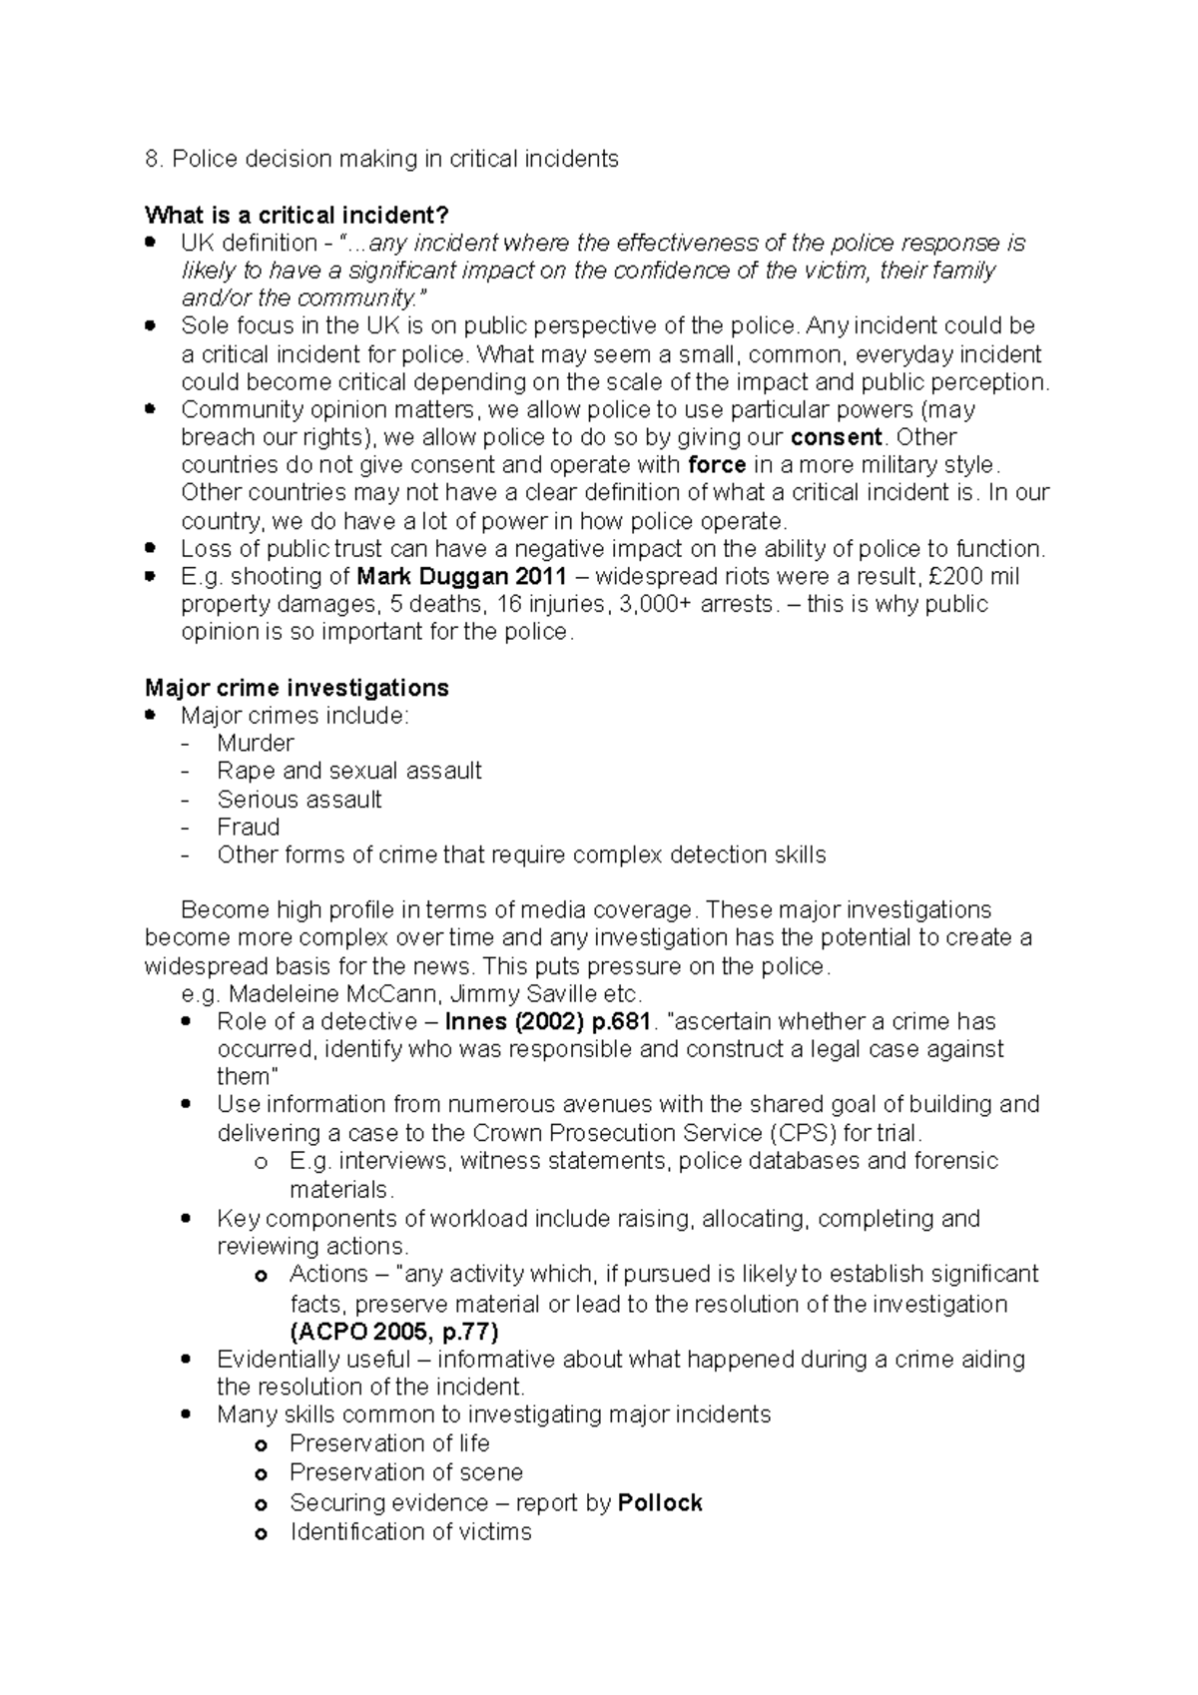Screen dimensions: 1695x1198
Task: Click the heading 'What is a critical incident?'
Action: [298, 215]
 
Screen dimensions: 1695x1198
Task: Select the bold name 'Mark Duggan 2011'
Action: [461, 576]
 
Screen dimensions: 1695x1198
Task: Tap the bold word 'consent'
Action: [836, 437]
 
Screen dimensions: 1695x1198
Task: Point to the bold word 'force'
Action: [718, 465]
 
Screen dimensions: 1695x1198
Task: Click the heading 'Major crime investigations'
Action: [297, 688]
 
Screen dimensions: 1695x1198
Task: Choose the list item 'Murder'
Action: [256, 743]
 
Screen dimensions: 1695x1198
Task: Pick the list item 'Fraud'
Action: [249, 827]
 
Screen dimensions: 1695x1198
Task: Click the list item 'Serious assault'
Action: [299, 799]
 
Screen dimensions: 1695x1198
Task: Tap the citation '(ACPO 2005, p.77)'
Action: [393, 1332]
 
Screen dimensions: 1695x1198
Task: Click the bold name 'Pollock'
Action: [660, 1502]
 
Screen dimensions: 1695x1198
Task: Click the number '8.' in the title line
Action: [153, 159]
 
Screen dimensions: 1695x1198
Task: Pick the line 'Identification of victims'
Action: [410, 1531]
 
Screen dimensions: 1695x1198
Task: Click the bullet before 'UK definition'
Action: [151, 243]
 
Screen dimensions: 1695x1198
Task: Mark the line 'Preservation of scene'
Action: [405, 1472]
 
